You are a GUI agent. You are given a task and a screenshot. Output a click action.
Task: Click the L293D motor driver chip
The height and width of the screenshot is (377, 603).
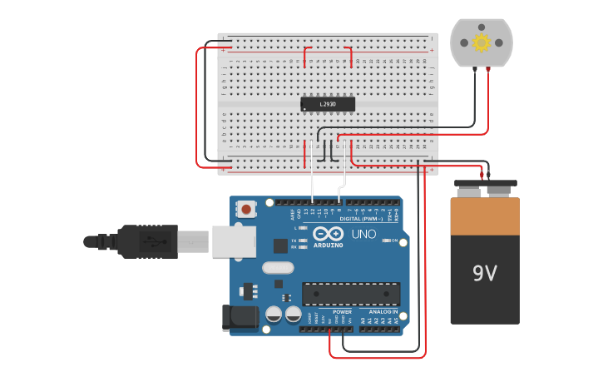coord(328,104)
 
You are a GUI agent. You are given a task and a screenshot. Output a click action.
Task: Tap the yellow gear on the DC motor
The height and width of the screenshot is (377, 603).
coord(481,42)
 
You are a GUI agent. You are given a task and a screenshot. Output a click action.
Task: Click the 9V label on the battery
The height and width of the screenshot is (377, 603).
coord(484,273)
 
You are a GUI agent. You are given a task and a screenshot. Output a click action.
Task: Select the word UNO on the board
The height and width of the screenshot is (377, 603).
coord(363,235)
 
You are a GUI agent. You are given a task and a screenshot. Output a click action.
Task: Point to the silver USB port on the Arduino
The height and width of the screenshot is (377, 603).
coord(233,241)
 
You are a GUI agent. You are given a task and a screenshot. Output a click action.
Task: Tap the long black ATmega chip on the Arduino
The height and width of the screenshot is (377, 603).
coord(350,293)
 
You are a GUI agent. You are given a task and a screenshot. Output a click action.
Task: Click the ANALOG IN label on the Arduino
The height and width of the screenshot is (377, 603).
coord(383,312)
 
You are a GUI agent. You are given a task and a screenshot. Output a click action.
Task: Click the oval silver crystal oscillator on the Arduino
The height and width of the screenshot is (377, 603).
coord(278,268)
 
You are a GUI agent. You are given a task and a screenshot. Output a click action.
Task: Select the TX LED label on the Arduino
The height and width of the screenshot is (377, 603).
coord(295,240)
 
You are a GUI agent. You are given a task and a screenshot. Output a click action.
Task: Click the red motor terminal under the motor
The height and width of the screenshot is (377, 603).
coord(488,70)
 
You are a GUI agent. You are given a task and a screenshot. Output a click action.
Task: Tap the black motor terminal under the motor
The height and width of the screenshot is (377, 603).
coord(474,70)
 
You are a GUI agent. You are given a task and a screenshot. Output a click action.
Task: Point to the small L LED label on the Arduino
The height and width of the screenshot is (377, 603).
coord(295,227)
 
